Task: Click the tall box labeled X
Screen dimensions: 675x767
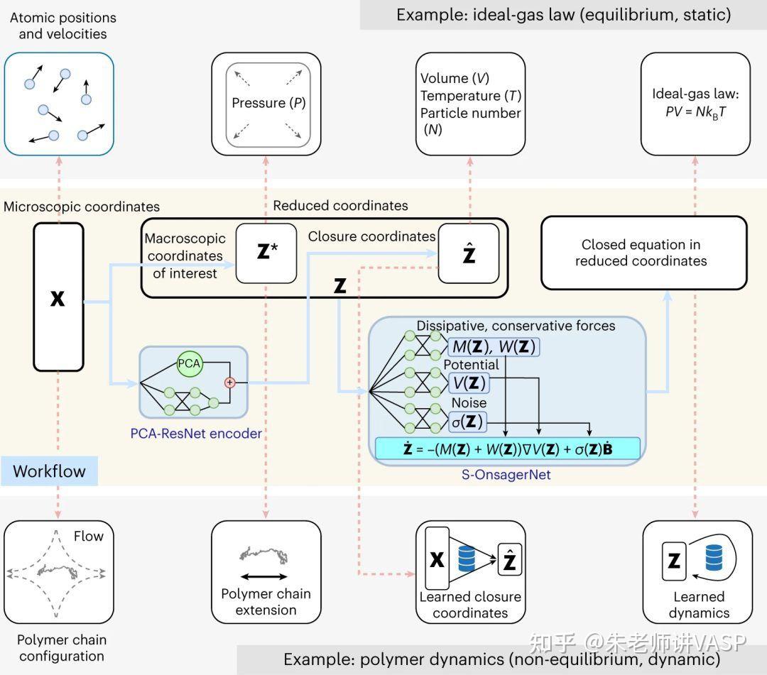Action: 59,297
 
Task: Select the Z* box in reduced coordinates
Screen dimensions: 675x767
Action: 266,253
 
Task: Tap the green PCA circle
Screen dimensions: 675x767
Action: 189,364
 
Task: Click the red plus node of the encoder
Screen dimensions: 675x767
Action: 229,383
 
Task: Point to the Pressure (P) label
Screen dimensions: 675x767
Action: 268,104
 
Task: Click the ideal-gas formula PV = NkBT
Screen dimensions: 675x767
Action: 695,112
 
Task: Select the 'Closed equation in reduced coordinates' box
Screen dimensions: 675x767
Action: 643,253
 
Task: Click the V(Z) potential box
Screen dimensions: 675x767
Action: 469,383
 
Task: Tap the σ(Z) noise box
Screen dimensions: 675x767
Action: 467,422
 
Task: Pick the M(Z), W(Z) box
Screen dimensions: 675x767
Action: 494,346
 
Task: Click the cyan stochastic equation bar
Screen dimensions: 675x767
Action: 508,449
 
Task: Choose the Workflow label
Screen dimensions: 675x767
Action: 49,471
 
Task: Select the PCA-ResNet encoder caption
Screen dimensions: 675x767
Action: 196,433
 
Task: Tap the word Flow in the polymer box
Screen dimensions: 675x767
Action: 89,537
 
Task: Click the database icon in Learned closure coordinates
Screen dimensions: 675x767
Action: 467,559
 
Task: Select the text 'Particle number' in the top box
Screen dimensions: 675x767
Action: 470,113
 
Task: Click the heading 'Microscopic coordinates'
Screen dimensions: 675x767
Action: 82,207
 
